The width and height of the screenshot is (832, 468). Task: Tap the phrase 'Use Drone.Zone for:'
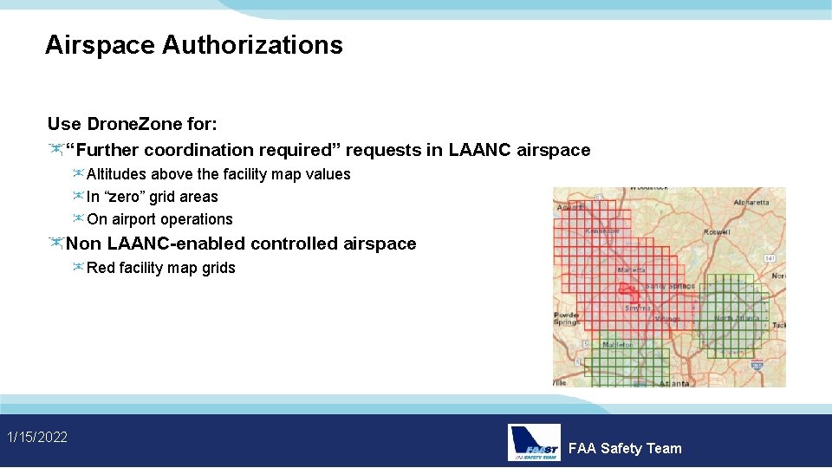click(132, 123)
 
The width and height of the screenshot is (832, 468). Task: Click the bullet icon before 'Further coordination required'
click(56, 150)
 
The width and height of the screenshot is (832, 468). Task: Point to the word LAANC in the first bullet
click(479, 150)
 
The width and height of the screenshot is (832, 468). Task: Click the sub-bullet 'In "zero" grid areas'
click(152, 197)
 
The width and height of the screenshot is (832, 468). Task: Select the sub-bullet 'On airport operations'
click(159, 219)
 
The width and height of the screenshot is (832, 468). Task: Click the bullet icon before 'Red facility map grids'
click(78, 268)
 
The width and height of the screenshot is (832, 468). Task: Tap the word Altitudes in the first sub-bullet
click(117, 174)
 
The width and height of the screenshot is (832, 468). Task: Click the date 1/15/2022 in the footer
click(37, 437)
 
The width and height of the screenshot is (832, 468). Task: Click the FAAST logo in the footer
click(534, 442)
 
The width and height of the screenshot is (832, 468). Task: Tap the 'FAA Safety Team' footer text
click(625, 448)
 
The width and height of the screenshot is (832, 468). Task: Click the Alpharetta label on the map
click(751, 202)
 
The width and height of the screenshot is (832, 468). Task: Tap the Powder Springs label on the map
click(567, 318)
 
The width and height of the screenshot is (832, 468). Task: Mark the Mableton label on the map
click(618, 344)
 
